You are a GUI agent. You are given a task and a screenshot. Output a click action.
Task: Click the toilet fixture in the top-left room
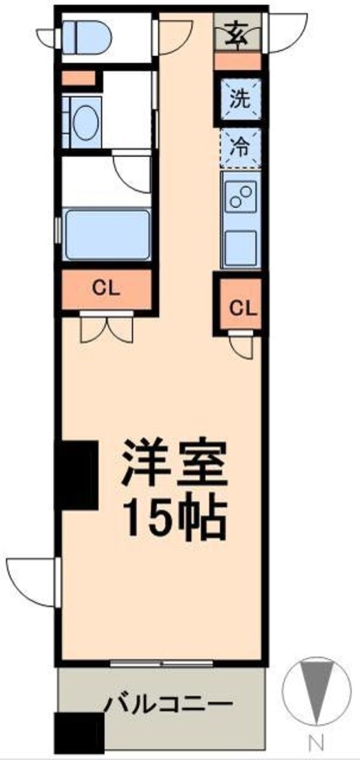87,35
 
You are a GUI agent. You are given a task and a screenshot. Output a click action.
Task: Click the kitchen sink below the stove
241,246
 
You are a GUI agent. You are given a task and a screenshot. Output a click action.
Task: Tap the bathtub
106,235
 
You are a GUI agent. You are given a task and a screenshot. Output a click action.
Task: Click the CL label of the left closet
106,289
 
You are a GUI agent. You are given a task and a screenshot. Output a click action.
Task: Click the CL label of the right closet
244,308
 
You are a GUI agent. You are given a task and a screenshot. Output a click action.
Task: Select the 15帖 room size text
175,516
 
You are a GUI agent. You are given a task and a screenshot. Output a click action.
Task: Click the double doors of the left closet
106,326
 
